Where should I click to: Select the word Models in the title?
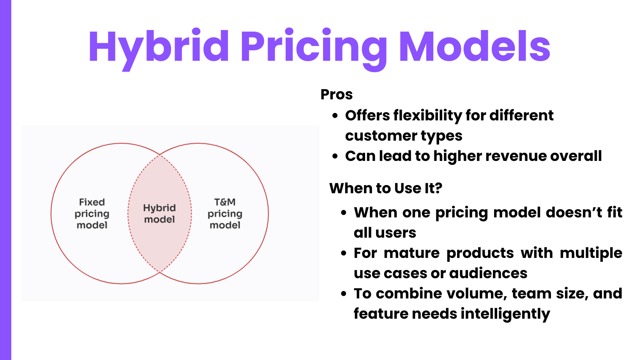(475, 46)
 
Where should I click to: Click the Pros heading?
(336, 94)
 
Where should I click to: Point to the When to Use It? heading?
(386, 188)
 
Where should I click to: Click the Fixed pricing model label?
(92, 214)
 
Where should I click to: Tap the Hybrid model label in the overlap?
(159, 214)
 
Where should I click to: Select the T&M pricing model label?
(225, 214)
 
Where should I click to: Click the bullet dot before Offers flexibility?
(335, 116)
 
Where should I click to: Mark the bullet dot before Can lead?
(335, 156)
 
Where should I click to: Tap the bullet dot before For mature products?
(344, 253)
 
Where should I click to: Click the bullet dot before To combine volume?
(344, 294)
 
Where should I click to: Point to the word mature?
(411, 253)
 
